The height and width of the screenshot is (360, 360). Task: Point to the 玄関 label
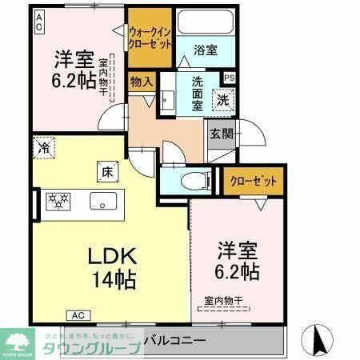coord(222,134)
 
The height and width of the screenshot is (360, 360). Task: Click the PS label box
coord(230,78)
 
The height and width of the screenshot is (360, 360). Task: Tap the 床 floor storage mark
coord(107,170)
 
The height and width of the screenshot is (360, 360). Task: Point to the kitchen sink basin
coord(103,200)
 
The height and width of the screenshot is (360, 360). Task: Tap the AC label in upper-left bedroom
coord(38,25)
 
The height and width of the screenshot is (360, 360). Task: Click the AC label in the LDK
coord(79,314)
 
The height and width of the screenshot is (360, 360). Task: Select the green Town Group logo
coord(17,342)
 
